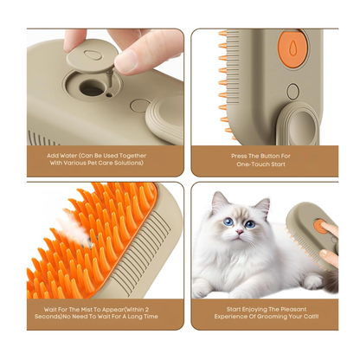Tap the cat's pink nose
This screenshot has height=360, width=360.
coord(239,231)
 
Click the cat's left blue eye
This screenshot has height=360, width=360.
coord(228,222)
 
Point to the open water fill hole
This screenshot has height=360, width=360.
coord(92,87)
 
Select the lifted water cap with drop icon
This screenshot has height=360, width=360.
coord(93,55)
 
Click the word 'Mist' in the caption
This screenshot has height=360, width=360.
coord(83,310)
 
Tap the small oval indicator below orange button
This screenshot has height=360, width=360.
coord(292,92)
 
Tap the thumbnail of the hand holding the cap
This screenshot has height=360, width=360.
coord(125,61)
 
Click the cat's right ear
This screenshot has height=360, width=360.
coord(261,206)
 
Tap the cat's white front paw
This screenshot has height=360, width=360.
coord(312,282)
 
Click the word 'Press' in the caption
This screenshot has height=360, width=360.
coord(239,156)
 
